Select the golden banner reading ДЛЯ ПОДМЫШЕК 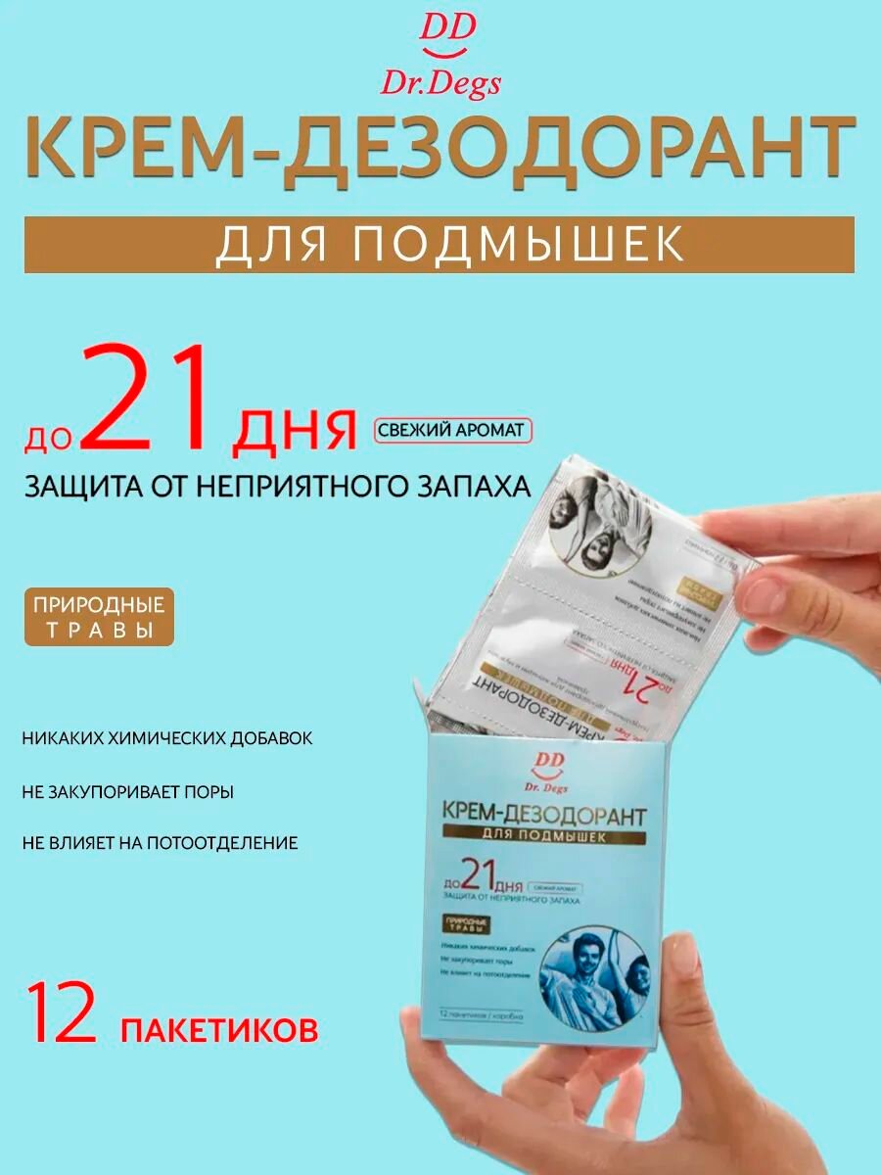click(440, 245)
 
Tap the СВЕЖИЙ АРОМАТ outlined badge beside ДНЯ click(451, 430)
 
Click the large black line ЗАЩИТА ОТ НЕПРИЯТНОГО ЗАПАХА click(278, 486)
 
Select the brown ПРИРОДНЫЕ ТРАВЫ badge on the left click(99, 616)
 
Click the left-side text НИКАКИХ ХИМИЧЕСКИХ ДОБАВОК click(167, 738)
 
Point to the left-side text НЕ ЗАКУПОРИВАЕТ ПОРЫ click(127, 791)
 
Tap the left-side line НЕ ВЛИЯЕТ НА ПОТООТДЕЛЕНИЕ click(160, 842)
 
